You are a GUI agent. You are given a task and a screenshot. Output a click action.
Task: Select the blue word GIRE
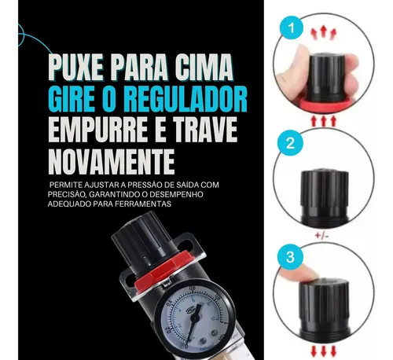point(72,99)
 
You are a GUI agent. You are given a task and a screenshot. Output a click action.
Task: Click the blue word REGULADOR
point(185,99)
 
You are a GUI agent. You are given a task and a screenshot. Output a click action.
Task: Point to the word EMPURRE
point(98,130)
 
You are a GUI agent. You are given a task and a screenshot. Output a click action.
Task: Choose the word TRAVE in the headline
point(206,130)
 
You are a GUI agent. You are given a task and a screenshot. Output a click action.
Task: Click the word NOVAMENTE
point(112,161)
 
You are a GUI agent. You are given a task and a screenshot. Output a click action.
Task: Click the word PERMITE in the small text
point(65,185)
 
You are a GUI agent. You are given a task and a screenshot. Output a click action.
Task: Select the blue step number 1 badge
point(291,28)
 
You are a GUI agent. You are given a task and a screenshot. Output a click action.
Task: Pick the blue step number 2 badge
point(290,143)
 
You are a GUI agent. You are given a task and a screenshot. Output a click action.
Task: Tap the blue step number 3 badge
point(290,256)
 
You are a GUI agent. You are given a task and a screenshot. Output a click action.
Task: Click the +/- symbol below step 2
point(321,236)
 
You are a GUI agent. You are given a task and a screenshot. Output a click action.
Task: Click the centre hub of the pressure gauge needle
point(195,318)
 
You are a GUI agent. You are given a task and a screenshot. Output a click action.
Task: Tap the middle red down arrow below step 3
point(324,351)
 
